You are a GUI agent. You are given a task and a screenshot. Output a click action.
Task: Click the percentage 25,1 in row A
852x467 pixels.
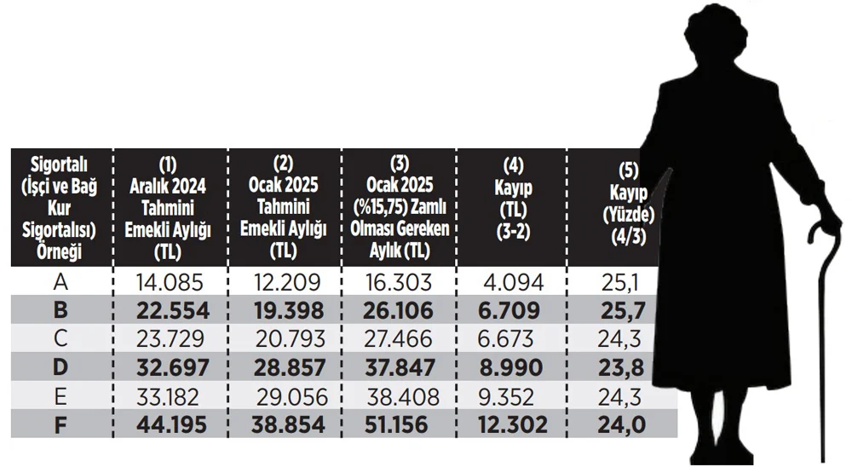click(x=623, y=282)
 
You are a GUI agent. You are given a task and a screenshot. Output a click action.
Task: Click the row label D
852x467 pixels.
click(x=60, y=367)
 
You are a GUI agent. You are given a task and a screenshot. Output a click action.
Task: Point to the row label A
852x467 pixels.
click(x=60, y=282)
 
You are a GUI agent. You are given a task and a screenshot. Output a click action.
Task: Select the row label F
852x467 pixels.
click(x=60, y=424)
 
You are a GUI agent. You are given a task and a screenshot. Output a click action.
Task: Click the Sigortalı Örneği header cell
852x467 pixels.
click(x=60, y=207)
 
